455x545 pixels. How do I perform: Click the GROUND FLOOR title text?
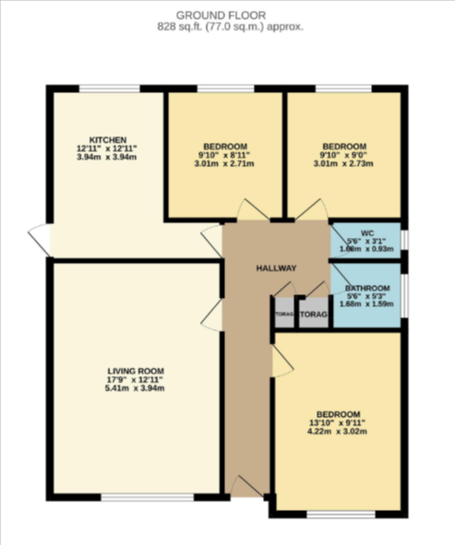tap(227, 16)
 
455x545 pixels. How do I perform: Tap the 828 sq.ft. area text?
tap(227, 28)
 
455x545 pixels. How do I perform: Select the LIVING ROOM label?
tap(135, 371)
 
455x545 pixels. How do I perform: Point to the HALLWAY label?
tap(276, 268)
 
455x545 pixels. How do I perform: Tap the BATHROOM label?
tap(366, 289)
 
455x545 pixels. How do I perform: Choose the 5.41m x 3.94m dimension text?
tap(135, 388)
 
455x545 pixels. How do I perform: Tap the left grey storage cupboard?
tap(283, 314)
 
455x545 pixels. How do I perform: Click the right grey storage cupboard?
tap(314, 314)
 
